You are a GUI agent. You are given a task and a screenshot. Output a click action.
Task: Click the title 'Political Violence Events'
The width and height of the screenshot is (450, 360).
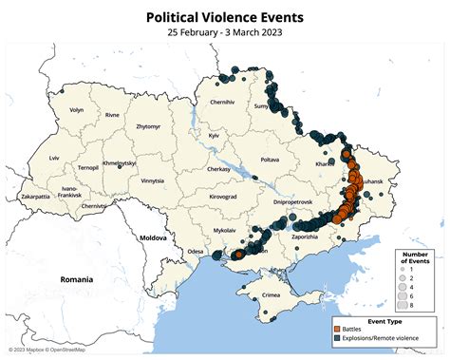[224, 17]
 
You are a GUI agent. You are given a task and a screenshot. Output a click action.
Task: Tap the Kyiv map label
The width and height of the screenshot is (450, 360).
[214, 137]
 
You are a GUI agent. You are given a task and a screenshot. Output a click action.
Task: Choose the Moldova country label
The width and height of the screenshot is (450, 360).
[153, 236]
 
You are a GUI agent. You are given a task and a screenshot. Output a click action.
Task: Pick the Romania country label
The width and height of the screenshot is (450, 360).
[76, 280]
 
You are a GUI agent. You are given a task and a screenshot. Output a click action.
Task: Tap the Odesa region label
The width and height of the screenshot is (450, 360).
[196, 251]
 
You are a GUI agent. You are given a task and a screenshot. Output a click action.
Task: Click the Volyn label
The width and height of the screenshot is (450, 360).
[76, 110]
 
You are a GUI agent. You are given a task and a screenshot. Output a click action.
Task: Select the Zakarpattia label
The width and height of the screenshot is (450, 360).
[35, 197]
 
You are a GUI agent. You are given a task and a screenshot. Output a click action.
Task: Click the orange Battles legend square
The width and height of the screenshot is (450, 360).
[338, 330]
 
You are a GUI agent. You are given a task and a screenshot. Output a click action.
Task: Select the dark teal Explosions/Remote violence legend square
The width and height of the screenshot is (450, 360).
[338, 339]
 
